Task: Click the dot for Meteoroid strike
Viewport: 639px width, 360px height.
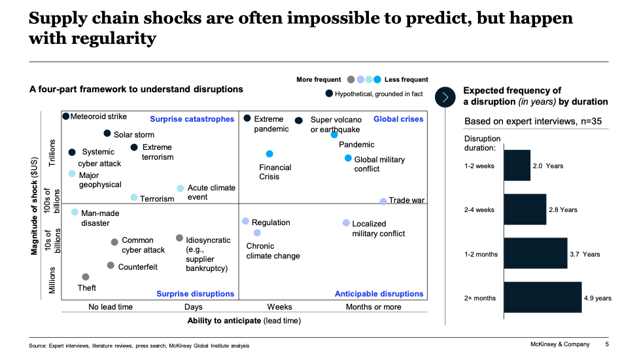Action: click(x=65, y=117)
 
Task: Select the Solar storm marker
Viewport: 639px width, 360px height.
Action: click(x=107, y=133)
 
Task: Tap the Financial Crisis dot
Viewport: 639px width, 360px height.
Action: click(x=269, y=154)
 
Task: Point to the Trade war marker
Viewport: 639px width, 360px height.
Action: click(x=383, y=201)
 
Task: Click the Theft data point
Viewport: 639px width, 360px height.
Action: click(x=86, y=277)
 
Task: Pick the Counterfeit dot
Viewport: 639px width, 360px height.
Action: click(x=111, y=266)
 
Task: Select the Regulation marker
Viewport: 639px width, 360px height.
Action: click(x=246, y=221)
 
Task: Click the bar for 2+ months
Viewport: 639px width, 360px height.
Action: click(x=542, y=298)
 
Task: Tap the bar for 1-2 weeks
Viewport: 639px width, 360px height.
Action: click(x=517, y=166)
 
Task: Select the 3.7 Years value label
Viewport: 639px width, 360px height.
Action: click(x=585, y=254)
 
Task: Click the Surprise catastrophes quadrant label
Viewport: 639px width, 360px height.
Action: click(x=192, y=119)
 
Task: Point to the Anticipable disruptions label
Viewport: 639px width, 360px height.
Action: click(x=379, y=294)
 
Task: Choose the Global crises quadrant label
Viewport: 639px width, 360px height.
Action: click(x=398, y=119)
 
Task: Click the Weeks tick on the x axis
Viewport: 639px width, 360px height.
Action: click(x=279, y=307)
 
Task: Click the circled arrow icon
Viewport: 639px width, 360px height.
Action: click(x=445, y=97)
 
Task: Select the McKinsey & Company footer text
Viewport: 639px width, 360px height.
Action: click(x=559, y=344)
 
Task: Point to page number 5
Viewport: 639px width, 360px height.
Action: click(x=607, y=344)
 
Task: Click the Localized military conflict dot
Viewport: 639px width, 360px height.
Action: click(x=346, y=223)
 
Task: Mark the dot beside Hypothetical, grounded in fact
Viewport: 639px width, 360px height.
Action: click(x=328, y=94)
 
